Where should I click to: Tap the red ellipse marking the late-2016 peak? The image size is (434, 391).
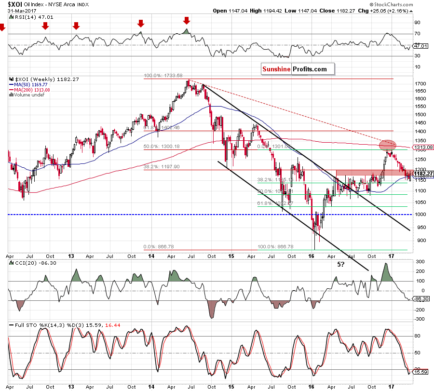pos(388,145)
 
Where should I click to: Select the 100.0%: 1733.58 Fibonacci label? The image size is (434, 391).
pos(163,76)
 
